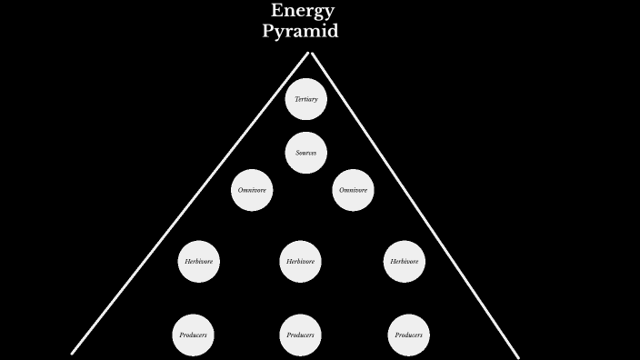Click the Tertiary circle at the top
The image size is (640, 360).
pos(305,99)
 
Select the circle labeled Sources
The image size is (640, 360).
pos(305,153)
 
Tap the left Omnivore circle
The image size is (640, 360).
pos(252,190)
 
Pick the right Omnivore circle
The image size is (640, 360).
pos(353,190)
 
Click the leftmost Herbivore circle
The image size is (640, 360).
pos(198,262)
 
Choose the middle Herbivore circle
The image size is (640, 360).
pos(300,262)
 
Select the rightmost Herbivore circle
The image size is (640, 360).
pos(405,262)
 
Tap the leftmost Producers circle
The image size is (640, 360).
pos(194,335)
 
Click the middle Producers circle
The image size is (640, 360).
pos(300,335)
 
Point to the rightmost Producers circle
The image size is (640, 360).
pos(408,335)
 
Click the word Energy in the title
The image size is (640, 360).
pos(303,12)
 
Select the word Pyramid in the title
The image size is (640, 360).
pos(300,31)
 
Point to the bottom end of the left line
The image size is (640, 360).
pos(73,352)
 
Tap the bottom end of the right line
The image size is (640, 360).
pos(517,356)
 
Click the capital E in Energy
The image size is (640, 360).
pos(277,11)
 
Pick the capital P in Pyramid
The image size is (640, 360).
pos(268,31)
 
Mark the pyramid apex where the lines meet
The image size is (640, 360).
pos(310,53)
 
